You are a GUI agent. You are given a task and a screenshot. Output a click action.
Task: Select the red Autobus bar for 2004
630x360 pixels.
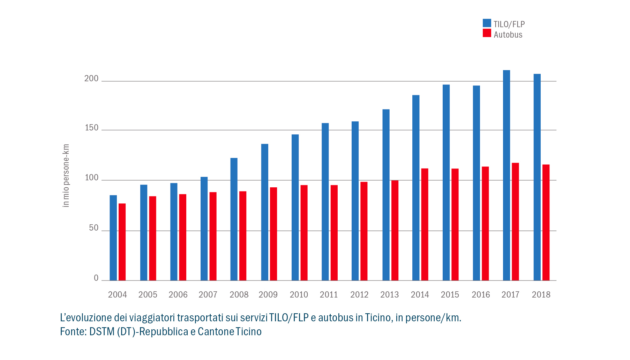coord(122,242)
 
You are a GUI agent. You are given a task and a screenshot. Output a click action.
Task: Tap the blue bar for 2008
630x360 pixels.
coord(234,219)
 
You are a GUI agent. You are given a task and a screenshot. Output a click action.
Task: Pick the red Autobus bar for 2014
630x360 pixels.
coord(425,224)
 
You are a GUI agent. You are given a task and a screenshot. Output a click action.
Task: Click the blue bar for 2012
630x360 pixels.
coord(355,201)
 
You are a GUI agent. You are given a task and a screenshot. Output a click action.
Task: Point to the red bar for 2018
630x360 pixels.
coord(546,222)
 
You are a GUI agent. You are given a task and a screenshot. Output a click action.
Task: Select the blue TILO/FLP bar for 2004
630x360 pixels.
coord(113,238)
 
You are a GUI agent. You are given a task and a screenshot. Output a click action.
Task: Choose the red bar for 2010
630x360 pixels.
coord(304,233)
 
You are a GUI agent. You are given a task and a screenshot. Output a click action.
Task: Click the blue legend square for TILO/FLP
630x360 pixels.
coord(487,23)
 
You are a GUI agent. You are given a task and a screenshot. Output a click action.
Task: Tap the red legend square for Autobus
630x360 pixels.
coord(487,33)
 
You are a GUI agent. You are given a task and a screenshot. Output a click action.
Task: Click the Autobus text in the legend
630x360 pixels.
coord(508,35)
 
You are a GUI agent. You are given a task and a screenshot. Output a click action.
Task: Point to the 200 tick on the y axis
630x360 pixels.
coord(91,78)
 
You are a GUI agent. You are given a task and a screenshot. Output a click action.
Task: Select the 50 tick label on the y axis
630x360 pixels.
coord(93,228)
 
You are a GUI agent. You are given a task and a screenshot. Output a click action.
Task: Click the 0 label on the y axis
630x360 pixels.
coord(96,278)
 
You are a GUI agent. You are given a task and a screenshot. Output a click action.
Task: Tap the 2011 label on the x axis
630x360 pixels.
coord(329,295)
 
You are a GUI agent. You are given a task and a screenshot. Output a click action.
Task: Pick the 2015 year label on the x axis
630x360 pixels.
coord(450,295)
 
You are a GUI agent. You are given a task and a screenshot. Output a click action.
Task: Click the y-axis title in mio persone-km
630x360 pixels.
coord(66,175)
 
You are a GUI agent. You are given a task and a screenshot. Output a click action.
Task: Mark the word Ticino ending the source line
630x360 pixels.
coord(248,331)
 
